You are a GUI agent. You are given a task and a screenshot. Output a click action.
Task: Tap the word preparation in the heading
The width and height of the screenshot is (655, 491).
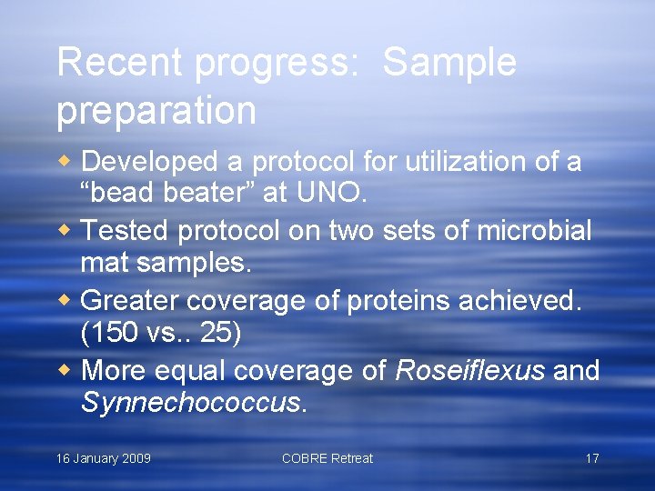(x=156, y=111)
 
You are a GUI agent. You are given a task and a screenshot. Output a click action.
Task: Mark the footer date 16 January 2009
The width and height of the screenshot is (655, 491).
(x=104, y=458)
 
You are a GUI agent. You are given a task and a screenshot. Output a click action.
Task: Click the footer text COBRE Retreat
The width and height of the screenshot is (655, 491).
(x=327, y=458)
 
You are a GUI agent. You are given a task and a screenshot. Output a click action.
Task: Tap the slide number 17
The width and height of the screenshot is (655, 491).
(x=591, y=458)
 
